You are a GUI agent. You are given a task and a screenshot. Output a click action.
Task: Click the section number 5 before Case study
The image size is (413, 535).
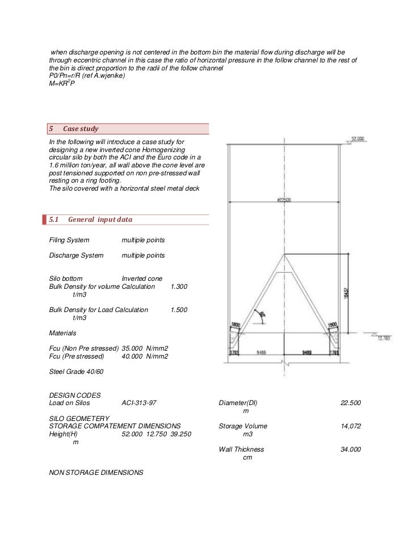click(52, 129)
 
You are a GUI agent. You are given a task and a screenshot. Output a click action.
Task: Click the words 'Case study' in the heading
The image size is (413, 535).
click(81, 129)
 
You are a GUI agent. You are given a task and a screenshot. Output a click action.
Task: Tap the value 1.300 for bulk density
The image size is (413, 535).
click(179, 287)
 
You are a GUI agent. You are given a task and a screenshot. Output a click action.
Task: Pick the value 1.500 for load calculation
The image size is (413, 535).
click(179, 310)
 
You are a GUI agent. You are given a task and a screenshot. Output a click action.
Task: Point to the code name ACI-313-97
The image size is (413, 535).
click(139, 403)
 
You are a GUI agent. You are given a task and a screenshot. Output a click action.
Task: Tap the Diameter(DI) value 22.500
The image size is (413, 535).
click(351, 403)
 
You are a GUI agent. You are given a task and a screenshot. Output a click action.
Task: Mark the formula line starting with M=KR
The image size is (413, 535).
click(62, 84)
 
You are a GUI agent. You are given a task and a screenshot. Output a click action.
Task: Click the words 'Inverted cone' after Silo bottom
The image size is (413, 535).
click(142, 279)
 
